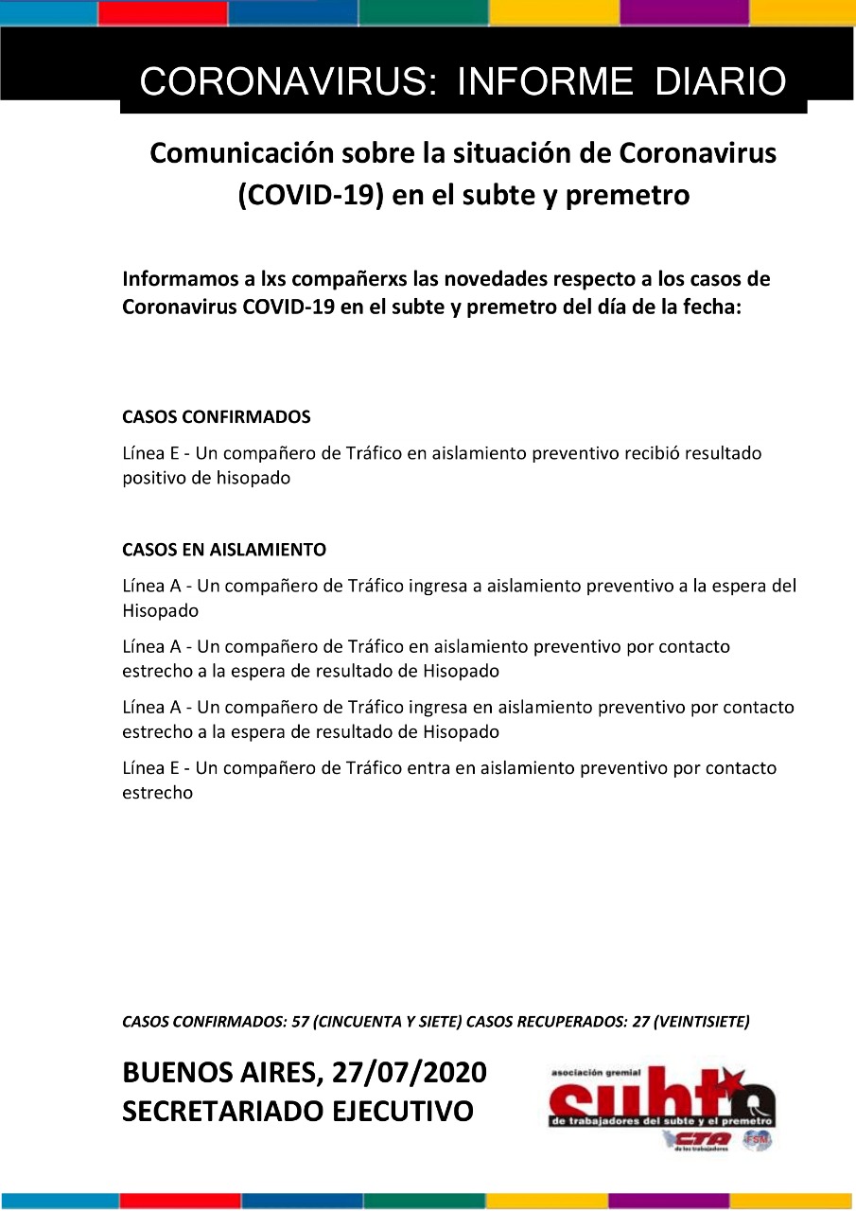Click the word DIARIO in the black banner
click(x=721, y=82)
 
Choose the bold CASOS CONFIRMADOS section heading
click(x=217, y=416)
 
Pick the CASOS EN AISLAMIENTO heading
click(x=224, y=550)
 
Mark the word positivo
click(x=156, y=478)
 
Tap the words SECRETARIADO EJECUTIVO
click(x=298, y=1111)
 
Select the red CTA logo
click(x=703, y=1138)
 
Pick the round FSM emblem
click(x=757, y=1141)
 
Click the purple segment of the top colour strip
click(x=683, y=12)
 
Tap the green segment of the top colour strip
click(x=423, y=12)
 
